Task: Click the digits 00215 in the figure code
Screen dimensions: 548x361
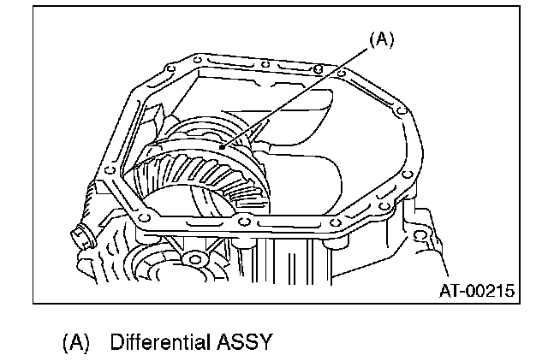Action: coord(491,292)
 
